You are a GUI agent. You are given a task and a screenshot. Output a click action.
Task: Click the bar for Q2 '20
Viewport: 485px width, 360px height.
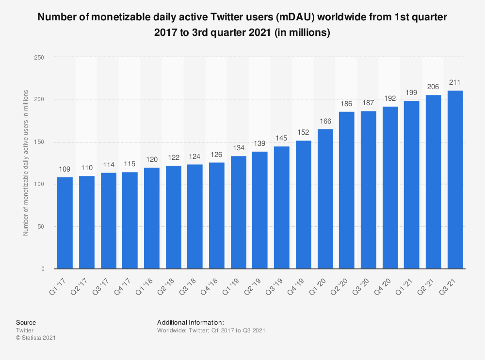[347, 190]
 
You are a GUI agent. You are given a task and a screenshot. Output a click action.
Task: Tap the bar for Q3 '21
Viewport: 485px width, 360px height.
[455, 179]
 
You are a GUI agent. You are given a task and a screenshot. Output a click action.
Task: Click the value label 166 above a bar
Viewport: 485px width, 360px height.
[325, 121]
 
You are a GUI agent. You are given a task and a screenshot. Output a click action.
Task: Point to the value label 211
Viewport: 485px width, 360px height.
[455, 83]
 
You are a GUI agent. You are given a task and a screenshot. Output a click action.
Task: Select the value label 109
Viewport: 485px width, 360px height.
[65, 169]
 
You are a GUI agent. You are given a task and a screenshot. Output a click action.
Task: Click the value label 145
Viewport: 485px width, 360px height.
[282, 139]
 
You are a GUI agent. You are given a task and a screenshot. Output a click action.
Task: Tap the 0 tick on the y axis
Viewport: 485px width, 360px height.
[43, 268]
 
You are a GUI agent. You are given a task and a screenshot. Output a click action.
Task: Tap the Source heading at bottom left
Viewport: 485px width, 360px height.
[26, 322]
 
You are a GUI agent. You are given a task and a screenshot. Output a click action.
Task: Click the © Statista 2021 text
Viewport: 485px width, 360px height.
[36, 338]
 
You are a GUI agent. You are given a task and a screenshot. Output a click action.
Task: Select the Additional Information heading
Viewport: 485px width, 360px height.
[190, 322]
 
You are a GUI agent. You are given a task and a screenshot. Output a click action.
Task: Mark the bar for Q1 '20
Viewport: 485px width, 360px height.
[325, 199]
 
